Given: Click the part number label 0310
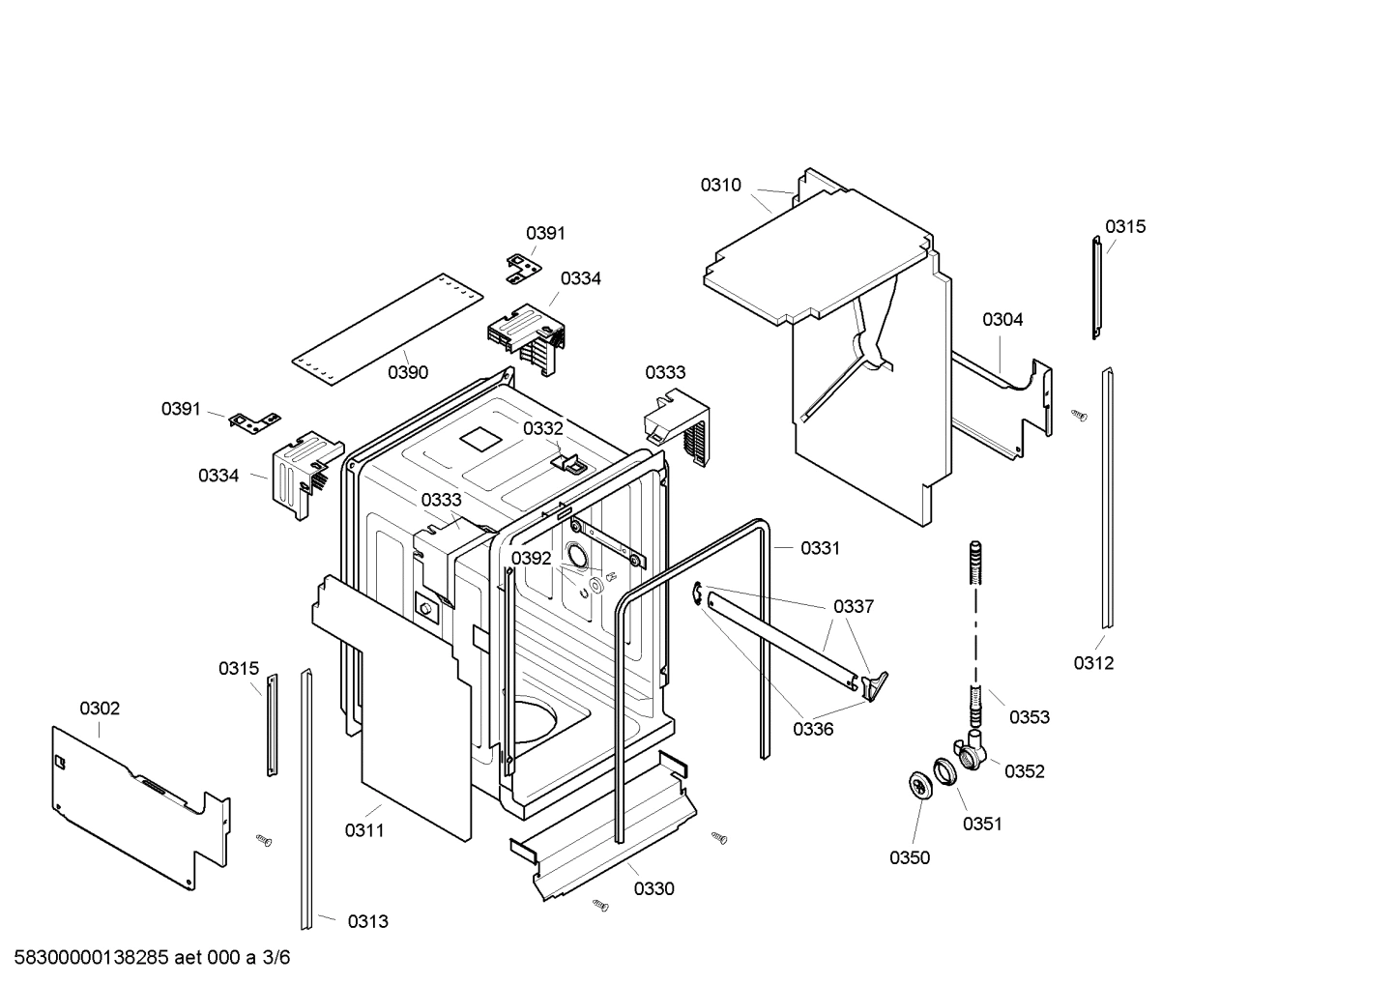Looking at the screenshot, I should click(720, 185).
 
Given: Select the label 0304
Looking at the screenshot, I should click(1002, 319).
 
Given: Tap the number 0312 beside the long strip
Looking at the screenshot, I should click(1093, 663).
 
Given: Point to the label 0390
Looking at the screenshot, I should click(408, 372).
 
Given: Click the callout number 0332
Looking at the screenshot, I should click(542, 428).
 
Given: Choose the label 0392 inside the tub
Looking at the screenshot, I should click(531, 558).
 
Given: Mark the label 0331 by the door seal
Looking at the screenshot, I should click(820, 548).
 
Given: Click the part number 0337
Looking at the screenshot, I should click(853, 606).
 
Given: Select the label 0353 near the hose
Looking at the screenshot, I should click(1030, 717).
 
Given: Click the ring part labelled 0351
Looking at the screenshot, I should click(944, 773).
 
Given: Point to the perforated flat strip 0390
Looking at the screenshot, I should click(387, 319).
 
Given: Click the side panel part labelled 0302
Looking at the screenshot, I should click(135, 793).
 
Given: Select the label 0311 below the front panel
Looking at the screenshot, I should click(364, 830).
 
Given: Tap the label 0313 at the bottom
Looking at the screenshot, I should click(367, 921).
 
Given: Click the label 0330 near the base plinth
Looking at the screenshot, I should click(653, 889).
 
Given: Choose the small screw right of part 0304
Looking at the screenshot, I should click(1079, 415).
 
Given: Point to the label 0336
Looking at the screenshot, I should click(813, 729).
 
